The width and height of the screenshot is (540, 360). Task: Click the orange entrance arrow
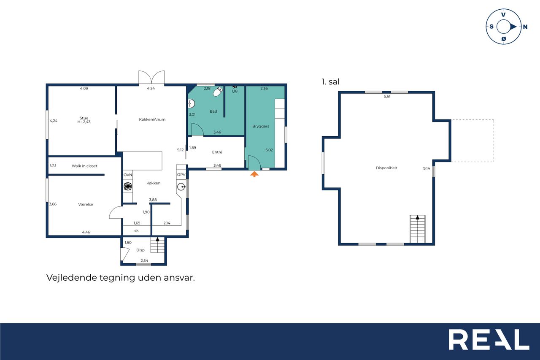254,174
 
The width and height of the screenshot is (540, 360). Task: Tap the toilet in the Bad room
218,92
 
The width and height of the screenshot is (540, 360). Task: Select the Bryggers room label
261,126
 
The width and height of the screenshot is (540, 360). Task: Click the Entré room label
217,152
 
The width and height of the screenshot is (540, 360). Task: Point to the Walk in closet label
84,166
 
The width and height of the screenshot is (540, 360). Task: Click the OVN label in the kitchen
128,175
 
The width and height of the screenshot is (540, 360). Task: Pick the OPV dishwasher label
181,175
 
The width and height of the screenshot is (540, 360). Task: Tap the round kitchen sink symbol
181,187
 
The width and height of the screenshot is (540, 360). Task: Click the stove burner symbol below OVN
128,187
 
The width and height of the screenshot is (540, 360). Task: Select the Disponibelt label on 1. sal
386,168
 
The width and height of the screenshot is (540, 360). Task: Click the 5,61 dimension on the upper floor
387,97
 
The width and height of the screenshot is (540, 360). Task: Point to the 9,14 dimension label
427,168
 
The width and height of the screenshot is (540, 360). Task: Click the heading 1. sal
330,82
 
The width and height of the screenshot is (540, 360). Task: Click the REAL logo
489,339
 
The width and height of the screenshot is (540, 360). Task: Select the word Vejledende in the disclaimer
71,278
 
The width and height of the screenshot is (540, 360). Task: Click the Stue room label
84,118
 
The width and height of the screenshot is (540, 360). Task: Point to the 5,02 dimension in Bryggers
269,150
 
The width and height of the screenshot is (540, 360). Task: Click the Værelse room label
86,204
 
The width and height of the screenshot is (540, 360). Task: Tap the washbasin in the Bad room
191,104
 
